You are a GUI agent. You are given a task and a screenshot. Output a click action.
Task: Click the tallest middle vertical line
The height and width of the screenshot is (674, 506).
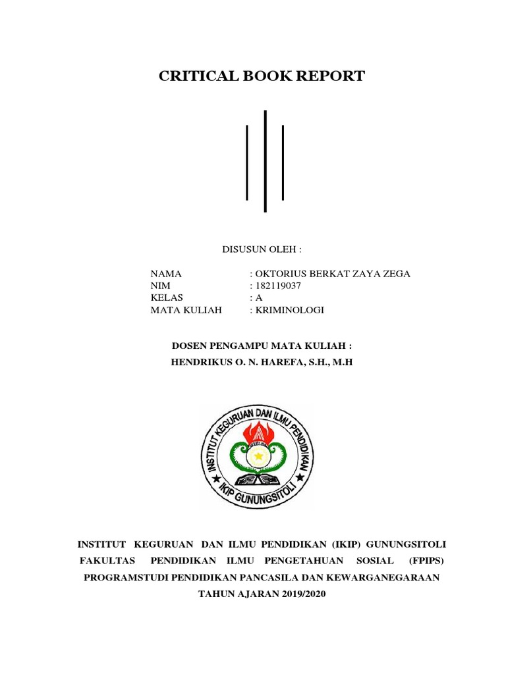pyautogui.click(x=265, y=161)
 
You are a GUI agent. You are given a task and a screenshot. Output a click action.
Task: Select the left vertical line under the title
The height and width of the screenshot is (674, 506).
pyautogui.click(x=247, y=162)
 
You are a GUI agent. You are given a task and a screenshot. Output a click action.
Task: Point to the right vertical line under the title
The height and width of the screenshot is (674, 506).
pyautogui.click(x=283, y=162)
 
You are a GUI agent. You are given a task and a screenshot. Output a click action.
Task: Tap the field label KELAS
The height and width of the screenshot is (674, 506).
pyautogui.click(x=165, y=298)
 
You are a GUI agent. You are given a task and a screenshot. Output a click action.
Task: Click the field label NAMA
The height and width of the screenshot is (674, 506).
pyautogui.click(x=165, y=274)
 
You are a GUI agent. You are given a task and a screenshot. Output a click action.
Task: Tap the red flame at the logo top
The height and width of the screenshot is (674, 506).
pyautogui.click(x=258, y=430)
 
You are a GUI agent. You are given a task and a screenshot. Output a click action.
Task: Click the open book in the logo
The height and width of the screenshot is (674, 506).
pyautogui.click(x=258, y=476)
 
